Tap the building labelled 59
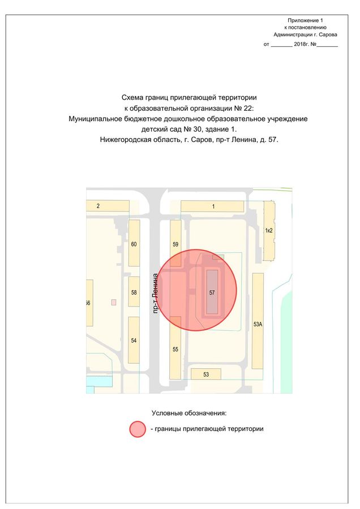175,244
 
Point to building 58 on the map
134,292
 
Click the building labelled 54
134,340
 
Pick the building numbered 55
175,348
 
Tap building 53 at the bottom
206,374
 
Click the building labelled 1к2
269,230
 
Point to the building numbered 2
98,206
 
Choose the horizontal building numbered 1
212,206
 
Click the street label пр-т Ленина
155,293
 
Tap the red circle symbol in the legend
138,429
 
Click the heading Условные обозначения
189,413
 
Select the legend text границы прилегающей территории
209,429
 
